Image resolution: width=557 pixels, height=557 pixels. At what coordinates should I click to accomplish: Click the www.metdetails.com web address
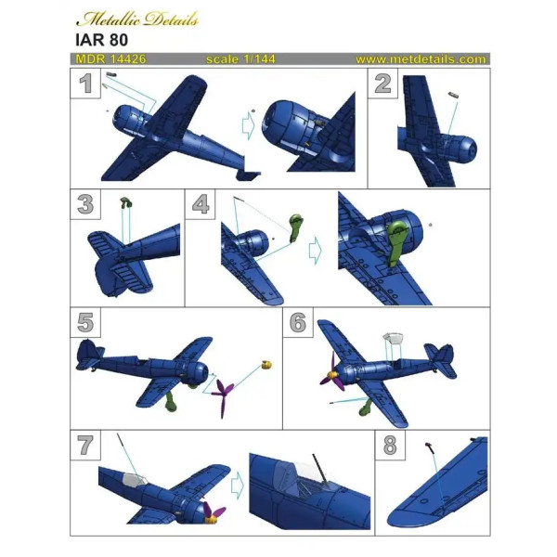coord(420,59)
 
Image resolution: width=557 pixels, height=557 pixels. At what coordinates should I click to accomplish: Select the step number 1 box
coord(86,85)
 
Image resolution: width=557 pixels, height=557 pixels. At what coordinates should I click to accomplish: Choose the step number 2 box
coord(382,85)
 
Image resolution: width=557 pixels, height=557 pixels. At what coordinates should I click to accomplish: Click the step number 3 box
coord(86,203)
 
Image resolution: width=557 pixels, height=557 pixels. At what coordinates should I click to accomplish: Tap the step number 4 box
coord(201,203)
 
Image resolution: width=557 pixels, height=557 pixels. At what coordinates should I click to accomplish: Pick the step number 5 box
coord(86,322)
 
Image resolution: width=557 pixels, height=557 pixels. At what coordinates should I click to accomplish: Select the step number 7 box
coord(86,444)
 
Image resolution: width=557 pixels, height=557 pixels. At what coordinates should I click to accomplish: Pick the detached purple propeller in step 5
coord(223,395)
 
